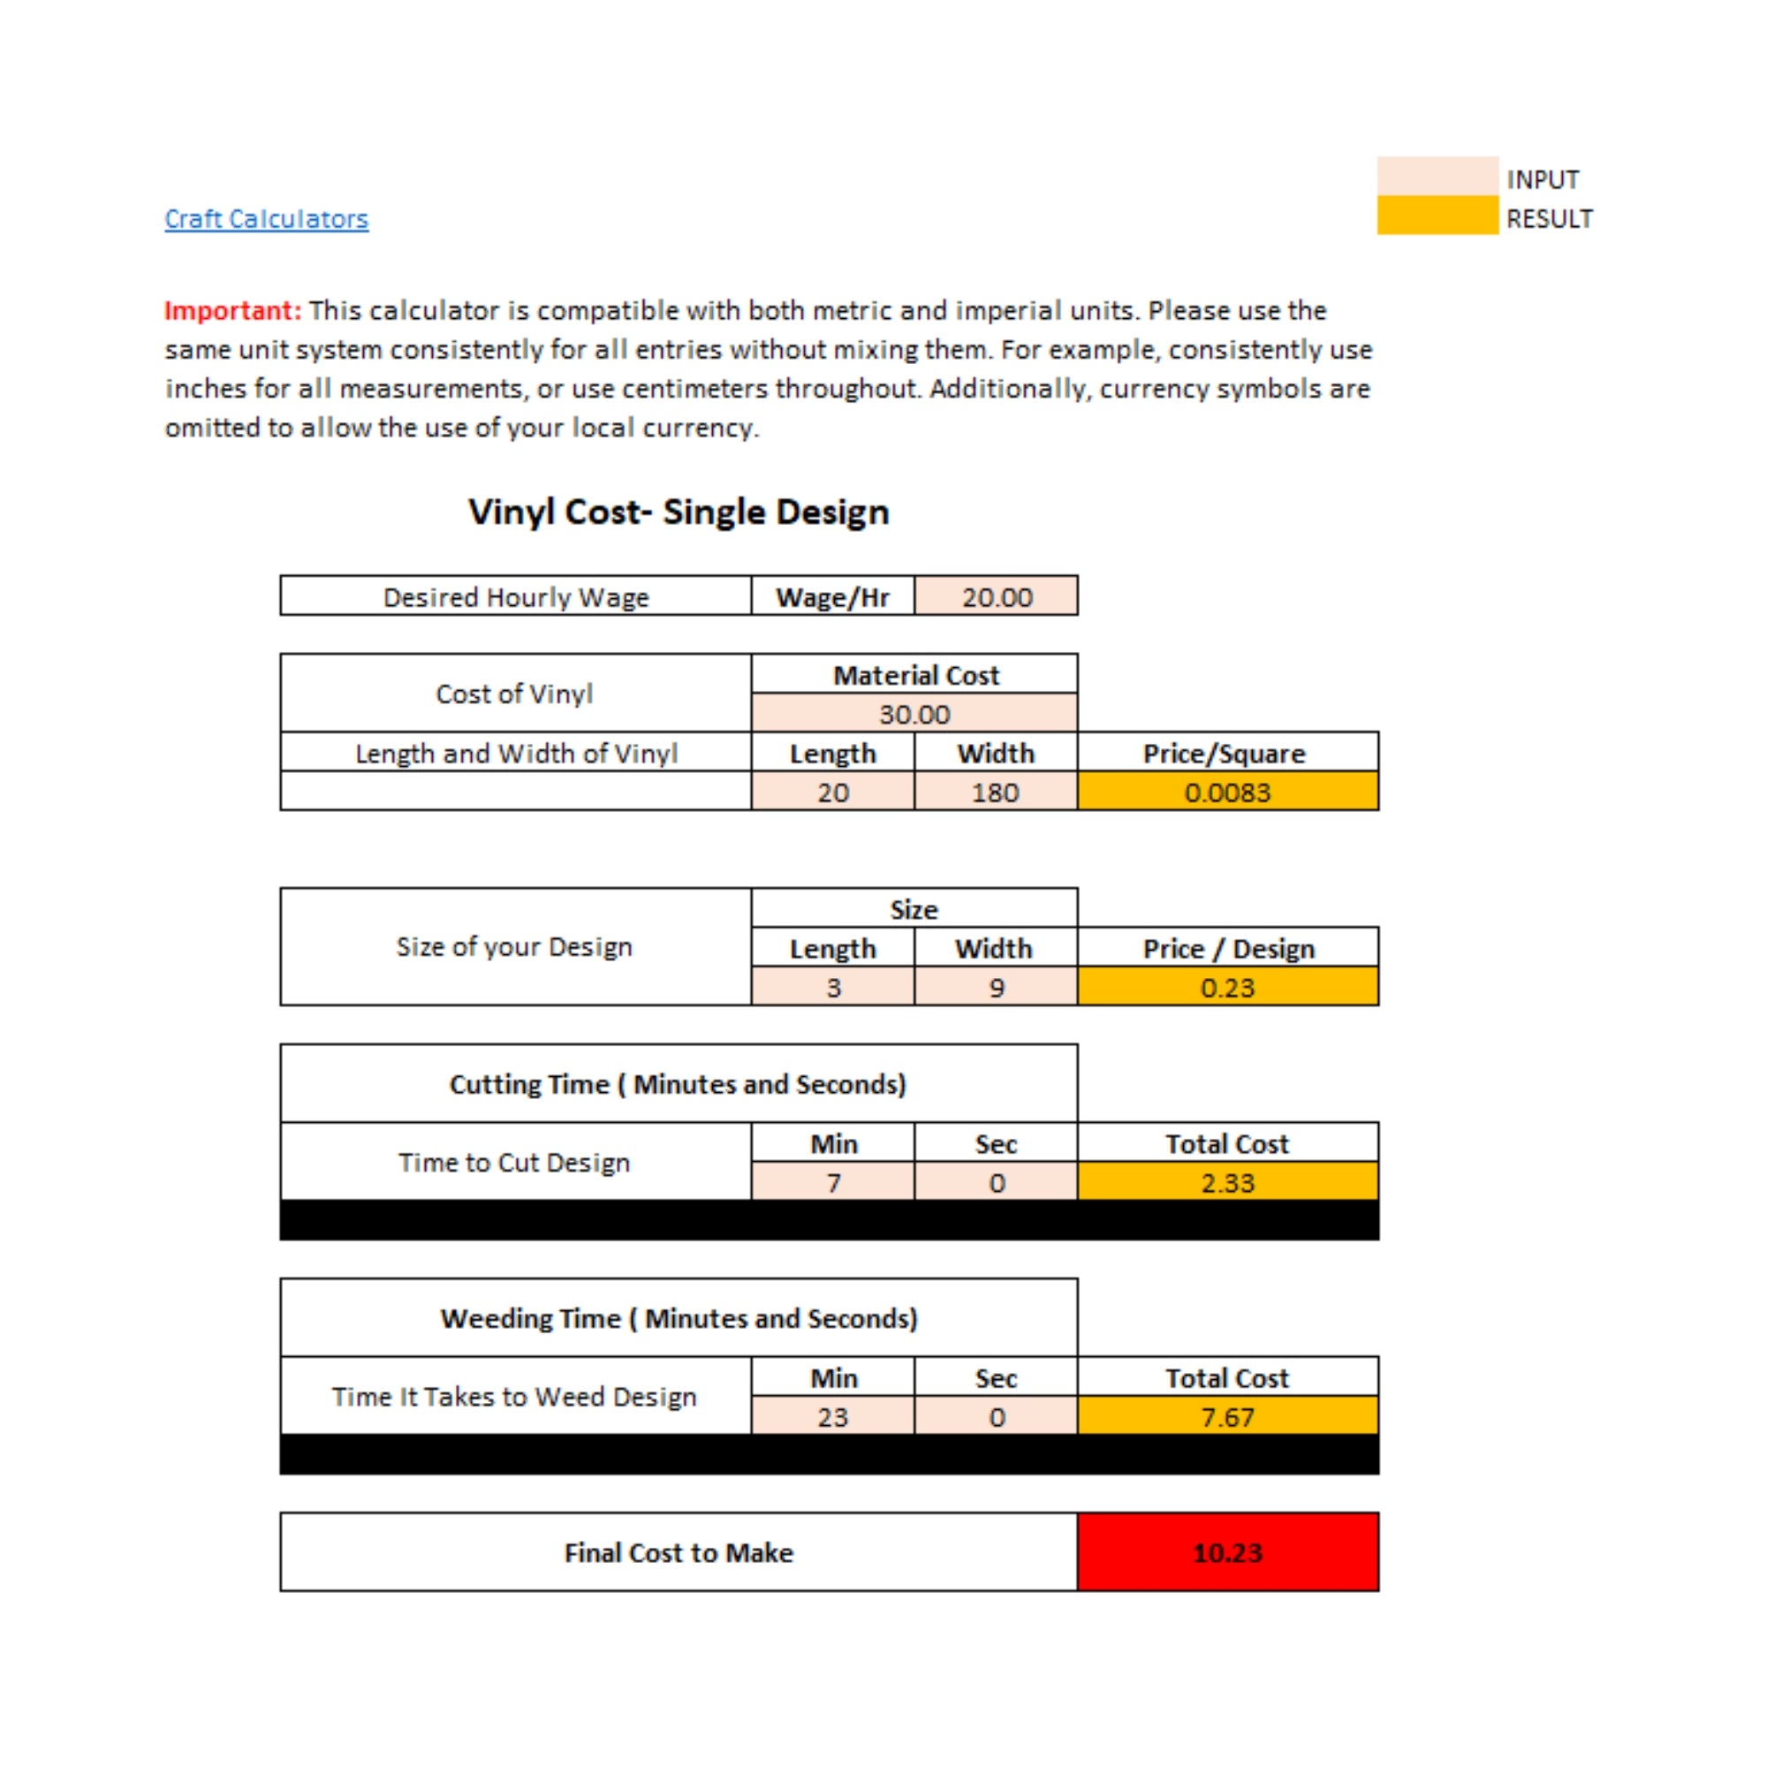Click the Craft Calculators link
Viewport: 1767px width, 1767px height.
click(x=266, y=219)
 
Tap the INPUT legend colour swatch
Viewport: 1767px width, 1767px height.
click(x=1437, y=177)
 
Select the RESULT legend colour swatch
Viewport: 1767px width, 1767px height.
click(x=1437, y=216)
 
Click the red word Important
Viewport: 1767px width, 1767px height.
click(x=232, y=311)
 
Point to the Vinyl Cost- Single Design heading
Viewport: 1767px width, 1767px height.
click(x=679, y=512)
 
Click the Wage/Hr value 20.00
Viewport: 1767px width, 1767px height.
click(x=996, y=597)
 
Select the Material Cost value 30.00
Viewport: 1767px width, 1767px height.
click(x=914, y=714)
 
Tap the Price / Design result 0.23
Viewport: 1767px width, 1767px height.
click(x=1227, y=988)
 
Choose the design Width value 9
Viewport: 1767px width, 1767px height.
click(x=996, y=988)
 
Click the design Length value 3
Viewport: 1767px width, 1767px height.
click(x=833, y=988)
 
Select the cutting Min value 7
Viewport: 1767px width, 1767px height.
click(x=833, y=1183)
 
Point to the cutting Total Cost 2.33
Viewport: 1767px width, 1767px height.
click(x=1227, y=1183)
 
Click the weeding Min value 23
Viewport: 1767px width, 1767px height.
click(x=833, y=1417)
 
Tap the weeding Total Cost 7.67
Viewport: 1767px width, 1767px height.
click(x=1227, y=1417)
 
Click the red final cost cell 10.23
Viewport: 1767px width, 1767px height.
click(x=1227, y=1553)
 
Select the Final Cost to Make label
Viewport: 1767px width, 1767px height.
click(x=679, y=1553)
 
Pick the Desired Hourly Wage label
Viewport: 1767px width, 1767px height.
click(x=516, y=597)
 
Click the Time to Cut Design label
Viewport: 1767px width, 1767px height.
click(x=514, y=1163)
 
